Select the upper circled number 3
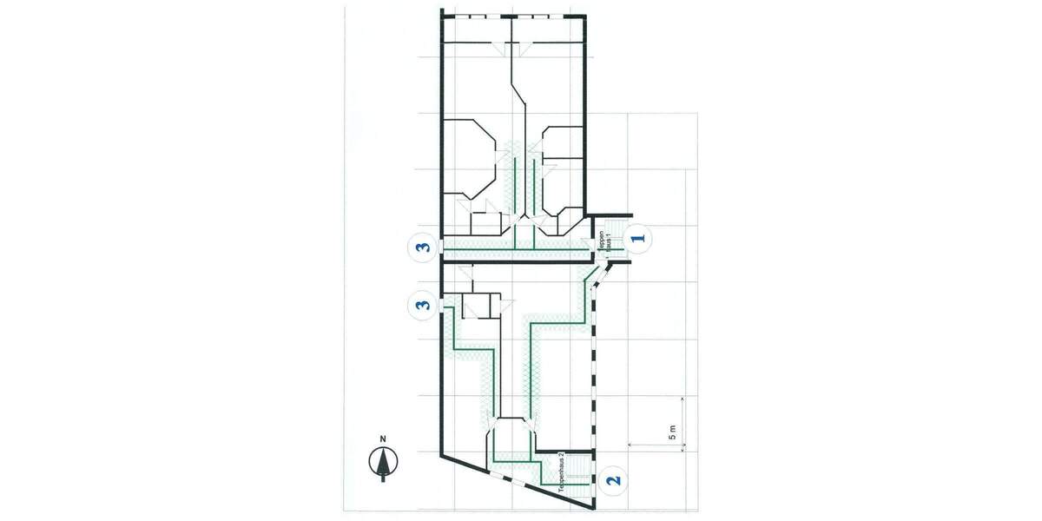423,247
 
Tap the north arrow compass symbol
382,462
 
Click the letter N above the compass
382,439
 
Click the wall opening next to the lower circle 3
443,306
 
